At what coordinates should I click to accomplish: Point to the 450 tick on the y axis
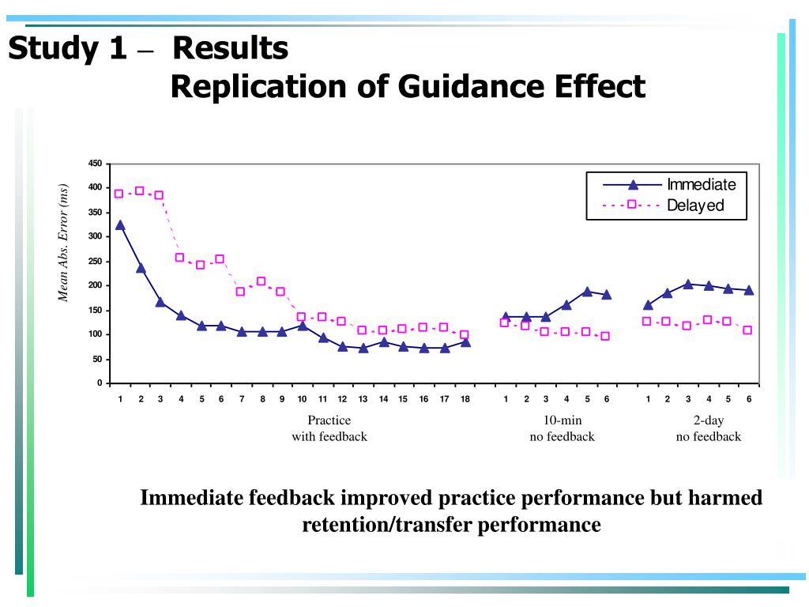(95, 164)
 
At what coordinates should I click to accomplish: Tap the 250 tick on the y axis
(95, 262)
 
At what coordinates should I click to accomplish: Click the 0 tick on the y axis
(100, 383)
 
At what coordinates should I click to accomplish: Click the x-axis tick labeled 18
(465, 399)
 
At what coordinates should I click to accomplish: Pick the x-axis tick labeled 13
(363, 399)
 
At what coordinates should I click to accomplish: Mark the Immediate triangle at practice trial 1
(120, 225)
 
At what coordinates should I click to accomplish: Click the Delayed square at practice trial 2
(140, 190)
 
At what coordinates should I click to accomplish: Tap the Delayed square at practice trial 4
(179, 257)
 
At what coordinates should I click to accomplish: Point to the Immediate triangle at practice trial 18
(465, 342)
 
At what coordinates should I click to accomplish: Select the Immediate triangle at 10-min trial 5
(587, 292)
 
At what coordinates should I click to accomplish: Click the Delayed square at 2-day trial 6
(747, 330)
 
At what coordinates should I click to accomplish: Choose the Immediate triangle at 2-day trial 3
(687, 285)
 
